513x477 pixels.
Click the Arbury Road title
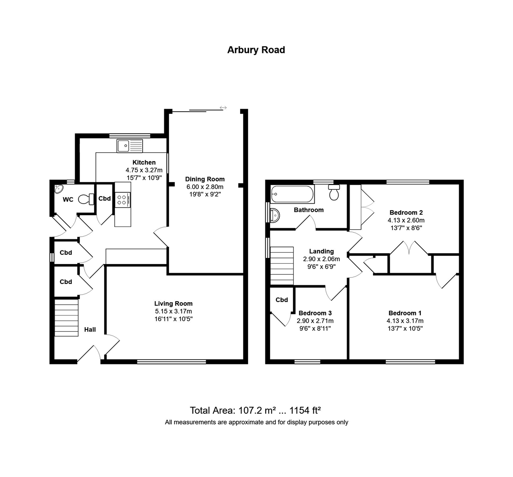[256, 50]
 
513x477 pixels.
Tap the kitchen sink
[130, 146]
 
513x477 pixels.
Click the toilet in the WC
[86, 199]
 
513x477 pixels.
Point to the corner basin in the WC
[59, 189]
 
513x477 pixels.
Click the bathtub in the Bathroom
[292, 194]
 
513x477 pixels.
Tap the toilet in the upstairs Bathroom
[334, 193]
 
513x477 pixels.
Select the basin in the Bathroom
[274, 215]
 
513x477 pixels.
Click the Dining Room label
[205, 179]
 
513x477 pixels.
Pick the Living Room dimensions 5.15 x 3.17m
[174, 311]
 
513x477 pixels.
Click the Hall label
[90, 329]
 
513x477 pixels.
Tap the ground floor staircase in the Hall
[66, 318]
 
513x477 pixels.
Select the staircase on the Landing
[282, 266]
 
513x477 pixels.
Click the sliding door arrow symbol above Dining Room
[223, 108]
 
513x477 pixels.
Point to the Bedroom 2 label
[406, 212]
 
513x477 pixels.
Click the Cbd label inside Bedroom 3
[282, 300]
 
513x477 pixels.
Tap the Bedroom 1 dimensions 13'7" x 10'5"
[405, 328]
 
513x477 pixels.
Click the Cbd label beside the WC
[105, 198]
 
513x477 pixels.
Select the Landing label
[321, 251]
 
